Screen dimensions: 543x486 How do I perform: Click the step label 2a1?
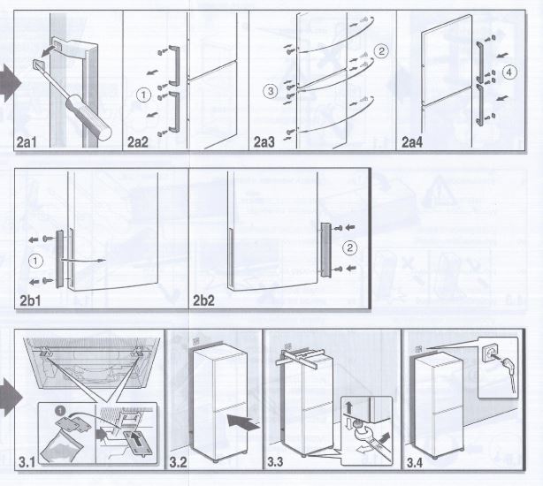point(27,142)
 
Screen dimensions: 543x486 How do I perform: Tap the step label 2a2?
point(138,142)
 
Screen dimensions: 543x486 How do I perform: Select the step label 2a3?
point(264,142)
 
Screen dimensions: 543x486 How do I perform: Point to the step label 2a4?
point(412,142)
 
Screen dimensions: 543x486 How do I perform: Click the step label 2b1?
point(30,300)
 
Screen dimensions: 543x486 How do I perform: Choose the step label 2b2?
point(203,300)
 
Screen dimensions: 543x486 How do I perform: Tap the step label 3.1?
point(27,462)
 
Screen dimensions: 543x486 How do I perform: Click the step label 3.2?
point(179,462)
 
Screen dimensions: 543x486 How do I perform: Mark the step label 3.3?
point(275,462)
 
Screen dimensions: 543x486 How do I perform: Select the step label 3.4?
point(415,462)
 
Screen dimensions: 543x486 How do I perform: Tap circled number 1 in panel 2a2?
point(143,95)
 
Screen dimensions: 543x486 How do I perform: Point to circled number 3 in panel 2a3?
point(271,91)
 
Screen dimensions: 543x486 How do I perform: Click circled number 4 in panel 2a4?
point(509,72)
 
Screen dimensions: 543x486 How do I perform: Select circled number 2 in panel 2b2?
point(349,247)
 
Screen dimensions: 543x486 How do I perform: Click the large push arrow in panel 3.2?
point(243,422)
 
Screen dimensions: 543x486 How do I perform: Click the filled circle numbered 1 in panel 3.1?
point(60,411)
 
